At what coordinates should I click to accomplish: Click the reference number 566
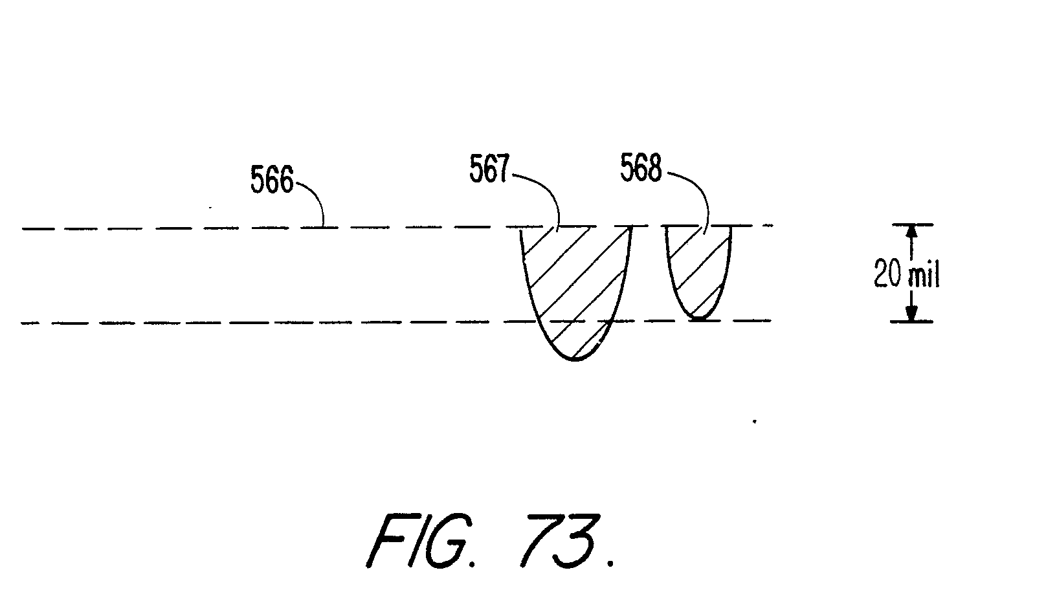pyautogui.click(x=272, y=181)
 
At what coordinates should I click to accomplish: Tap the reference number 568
pyautogui.click(x=641, y=169)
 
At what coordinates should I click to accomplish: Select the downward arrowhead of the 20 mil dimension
pyautogui.click(x=911, y=313)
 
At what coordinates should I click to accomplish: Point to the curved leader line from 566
pyautogui.click(x=313, y=197)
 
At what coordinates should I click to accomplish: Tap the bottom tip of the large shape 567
pyautogui.click(x=574, y=359)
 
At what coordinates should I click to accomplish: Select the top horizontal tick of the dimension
pyautogui.click(x=911, y=224)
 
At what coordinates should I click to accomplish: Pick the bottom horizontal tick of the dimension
pyautogui.click(x=911, y=322)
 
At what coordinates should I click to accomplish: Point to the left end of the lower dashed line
pyautogui.click(x=25, y=322)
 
